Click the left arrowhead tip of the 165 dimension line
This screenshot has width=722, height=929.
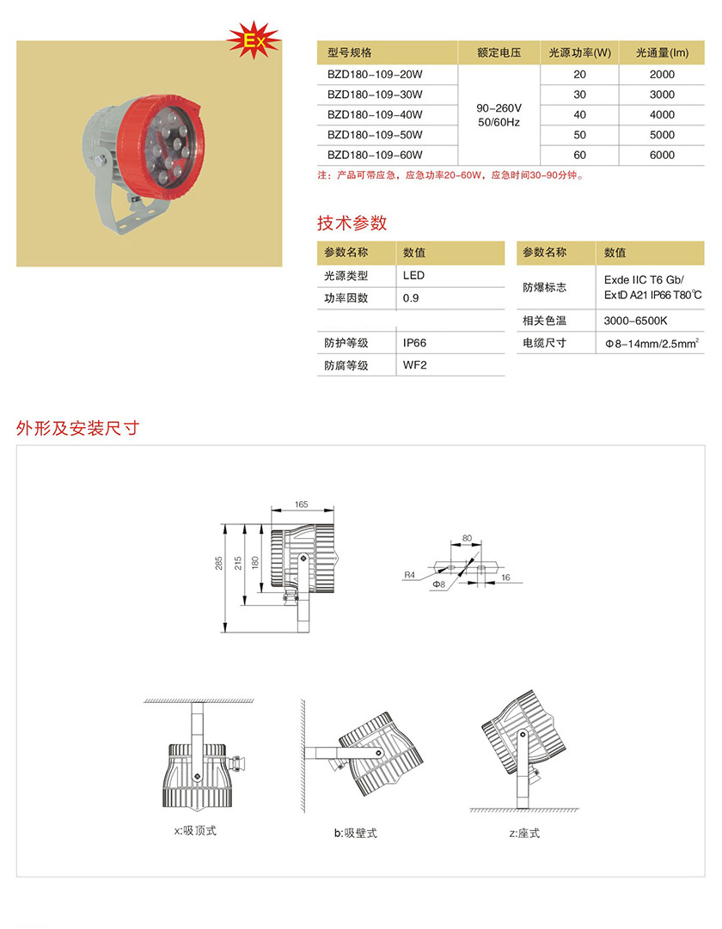click(x=272, y=510)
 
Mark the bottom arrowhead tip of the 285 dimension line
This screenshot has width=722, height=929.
click(x=225, y=633)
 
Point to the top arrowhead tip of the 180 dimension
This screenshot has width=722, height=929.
click(x=261, y=524)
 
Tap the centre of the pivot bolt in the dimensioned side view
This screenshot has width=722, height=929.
click(x=303, y=558)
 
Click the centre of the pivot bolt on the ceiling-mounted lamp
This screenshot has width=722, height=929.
click(x=198, y=775)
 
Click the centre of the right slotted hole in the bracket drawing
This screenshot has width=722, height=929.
click(x=481, y=567)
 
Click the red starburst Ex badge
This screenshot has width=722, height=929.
click(x=254, y=40)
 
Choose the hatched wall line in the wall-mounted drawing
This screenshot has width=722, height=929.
click(x=303, y=756)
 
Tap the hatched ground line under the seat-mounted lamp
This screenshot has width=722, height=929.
click(x=524, y=810)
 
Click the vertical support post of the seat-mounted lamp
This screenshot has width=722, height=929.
click(x=523, y=770)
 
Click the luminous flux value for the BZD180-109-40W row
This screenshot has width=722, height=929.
click(x=662, y=115)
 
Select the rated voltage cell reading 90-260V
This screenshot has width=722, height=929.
click(x=499, y=107)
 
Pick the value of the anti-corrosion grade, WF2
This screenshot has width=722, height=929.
click(x=415, y=365)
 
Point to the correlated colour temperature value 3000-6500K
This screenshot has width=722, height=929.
click(x=635, y=321)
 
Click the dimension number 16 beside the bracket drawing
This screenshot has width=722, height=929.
click(x=505, y=577)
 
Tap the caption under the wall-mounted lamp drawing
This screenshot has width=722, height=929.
click(x=356, y=833)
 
